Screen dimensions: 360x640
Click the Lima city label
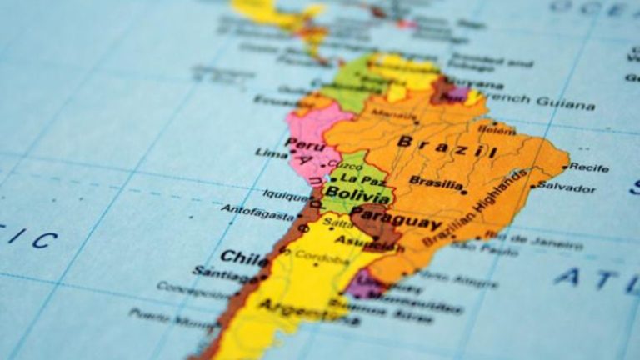(x=272, y=153)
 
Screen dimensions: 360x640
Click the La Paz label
(x=362, y=178)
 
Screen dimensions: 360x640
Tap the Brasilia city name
(x=436, y=181)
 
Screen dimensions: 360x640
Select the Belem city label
(x=497, y=131)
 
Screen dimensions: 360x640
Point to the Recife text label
(x=590, y=167)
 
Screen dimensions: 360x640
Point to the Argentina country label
(x=297, y=307)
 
